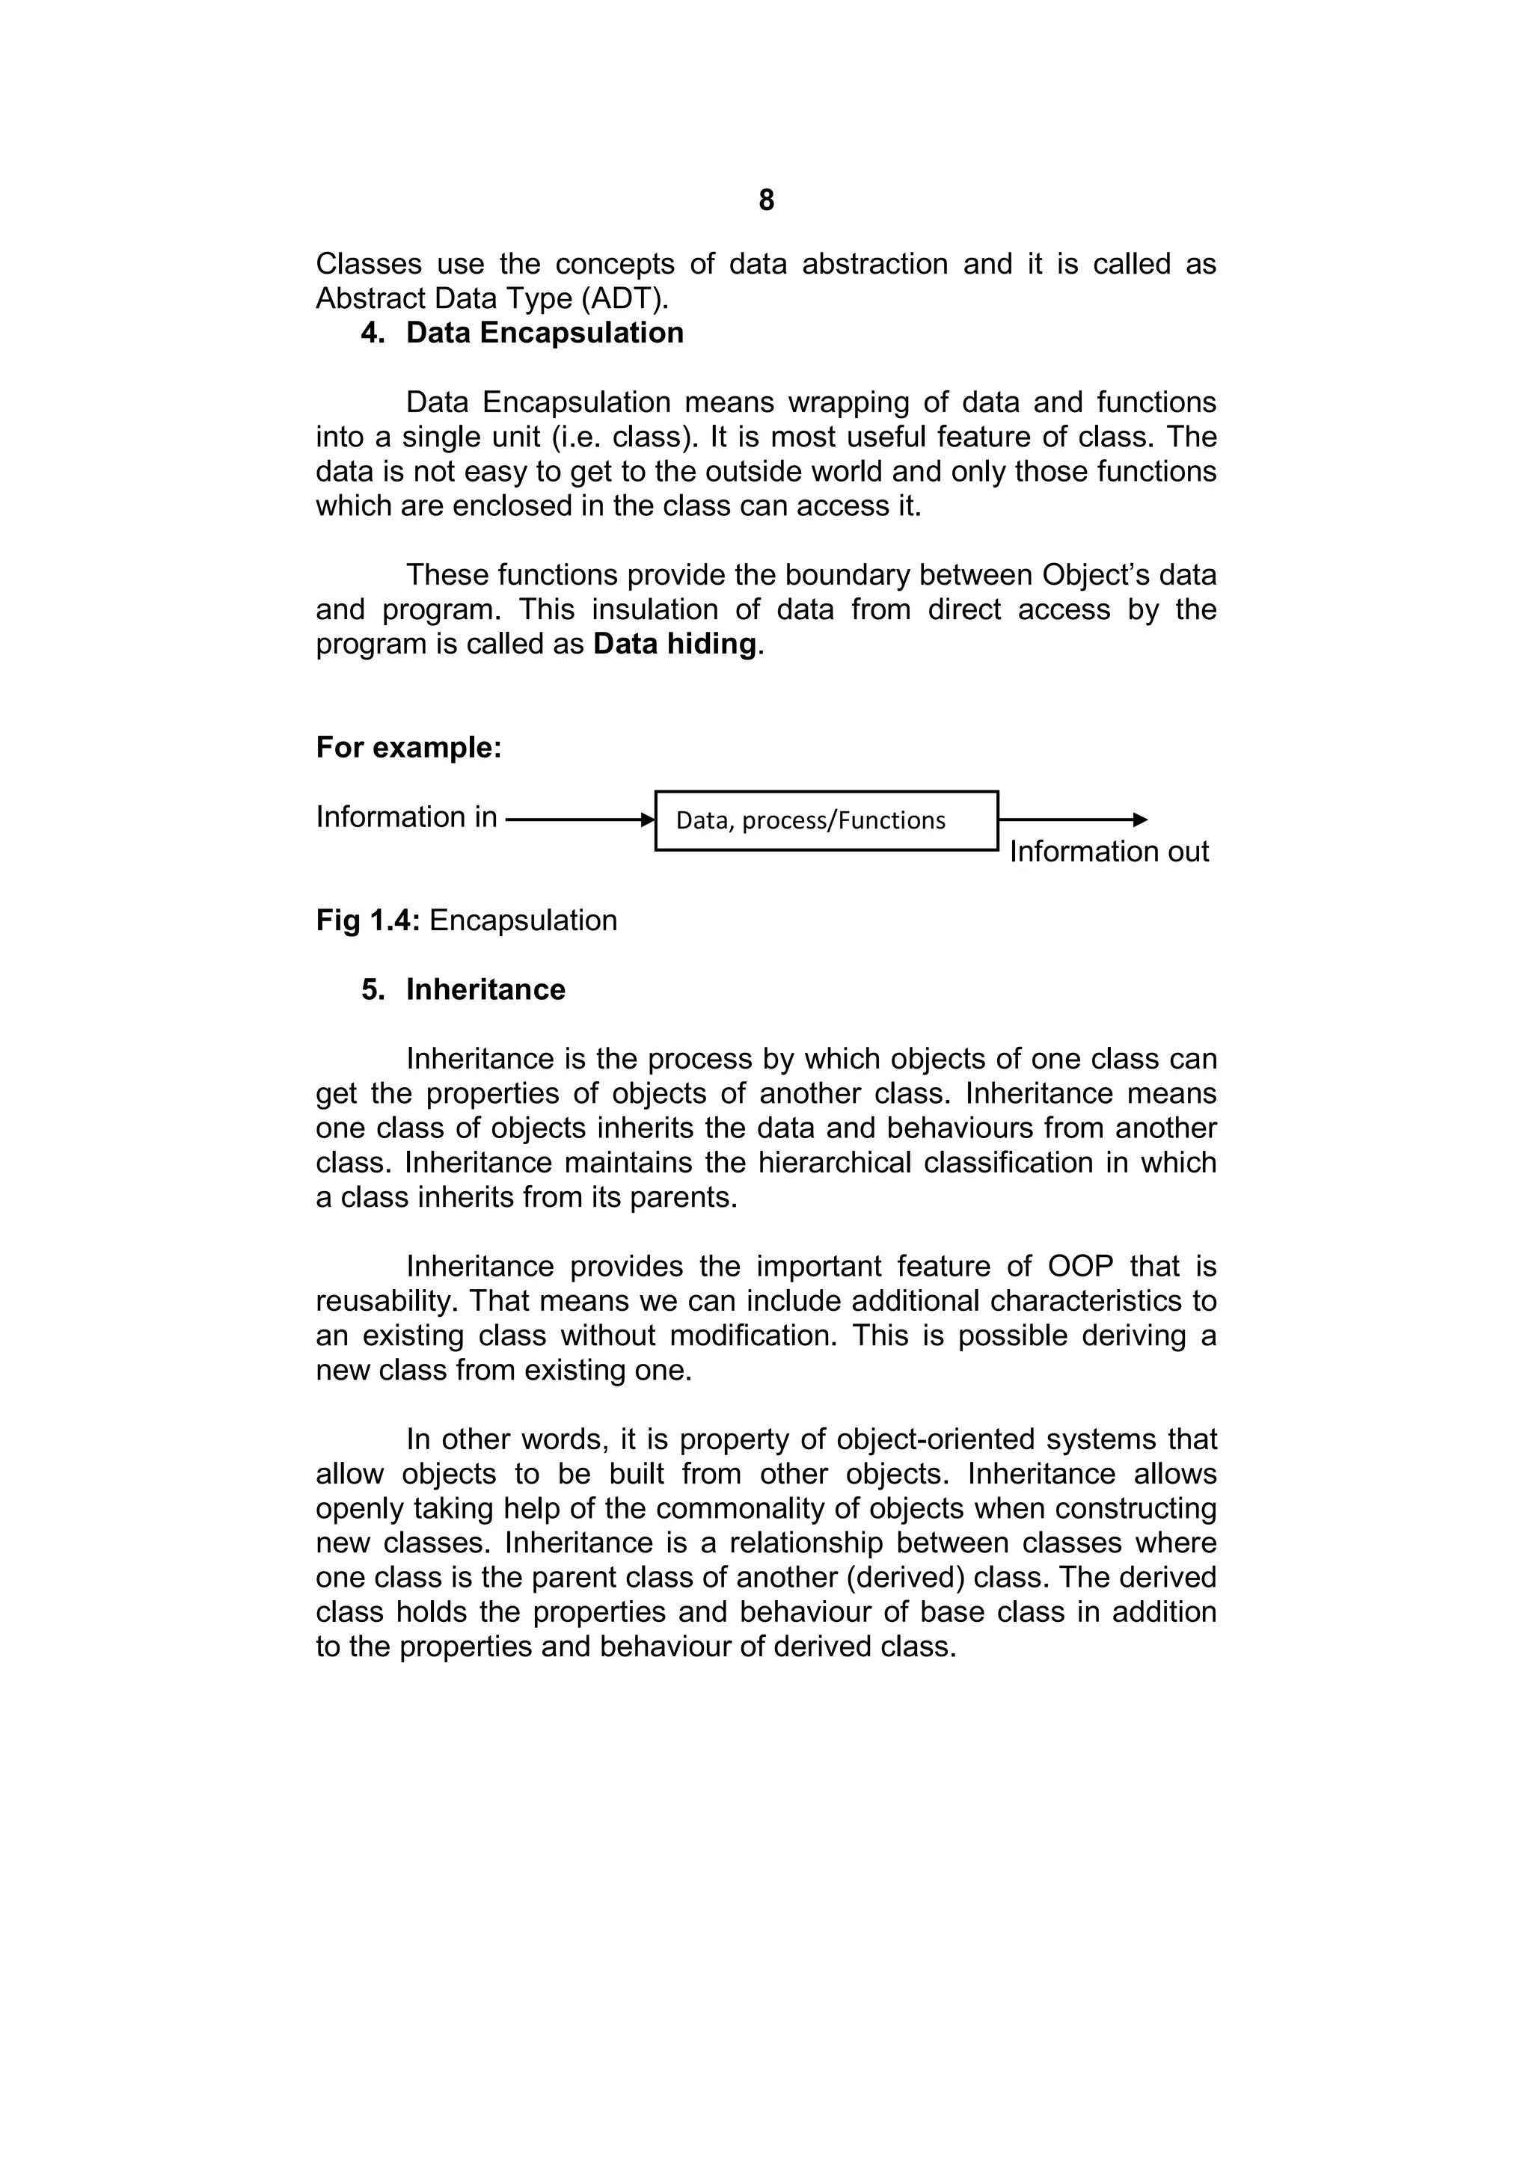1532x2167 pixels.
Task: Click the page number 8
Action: [x=765, y=200]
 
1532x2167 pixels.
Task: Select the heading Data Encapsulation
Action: [x=545, y=333]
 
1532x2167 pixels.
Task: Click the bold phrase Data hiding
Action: [x=675, y=645]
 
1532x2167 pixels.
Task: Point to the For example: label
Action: [x=408, y=748]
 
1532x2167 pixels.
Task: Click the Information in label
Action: [x=407, y=817]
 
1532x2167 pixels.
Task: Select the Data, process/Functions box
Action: [x=826, y=821]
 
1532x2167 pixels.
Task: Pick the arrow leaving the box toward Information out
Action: [x=1072, y=820]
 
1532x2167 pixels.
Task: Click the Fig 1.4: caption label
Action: [x=368, y=921]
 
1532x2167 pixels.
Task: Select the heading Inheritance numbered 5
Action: [x=485, y=990]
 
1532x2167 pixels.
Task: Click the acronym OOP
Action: [x=1080, y=1267]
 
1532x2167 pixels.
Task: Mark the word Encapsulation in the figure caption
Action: [x=523, y=921]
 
